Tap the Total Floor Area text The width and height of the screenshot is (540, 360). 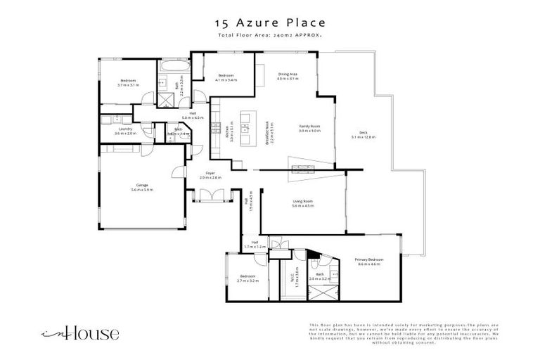pyautogui.click(x=269, y=34)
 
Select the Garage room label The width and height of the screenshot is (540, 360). pyautogui.click(x=141, y=185)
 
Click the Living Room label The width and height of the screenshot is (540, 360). pyautogui.click(x=303, y=201)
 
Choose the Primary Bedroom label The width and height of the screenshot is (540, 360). pyautogui.click(x=369, y=260)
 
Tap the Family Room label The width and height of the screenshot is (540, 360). pyautogui.click(x=309, y=126)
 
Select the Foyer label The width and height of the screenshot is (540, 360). pyautogui.click(x=210, y=173)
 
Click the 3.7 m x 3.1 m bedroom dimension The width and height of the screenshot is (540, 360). pyautogui.click(x=128, y=85)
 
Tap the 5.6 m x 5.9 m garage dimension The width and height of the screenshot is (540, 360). pyautogui.click(x=141, y=190)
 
